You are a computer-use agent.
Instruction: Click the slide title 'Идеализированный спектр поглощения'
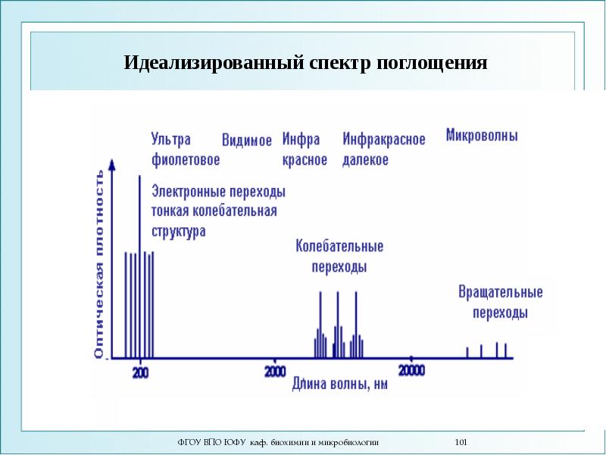[x=305, y=62]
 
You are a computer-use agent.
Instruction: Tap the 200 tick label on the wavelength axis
[x=141, y=372]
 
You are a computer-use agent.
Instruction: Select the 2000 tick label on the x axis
[x=275, y=371]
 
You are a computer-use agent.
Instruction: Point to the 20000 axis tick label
[x=411, y=370]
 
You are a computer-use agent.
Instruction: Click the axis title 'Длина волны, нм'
[x=340, y=384]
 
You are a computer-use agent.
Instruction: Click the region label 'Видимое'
[x=246, y=141]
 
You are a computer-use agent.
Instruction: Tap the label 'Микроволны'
[x=482, y=136]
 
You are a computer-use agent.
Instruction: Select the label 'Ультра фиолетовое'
[x=185, y=149]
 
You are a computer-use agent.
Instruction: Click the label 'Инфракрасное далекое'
[x=383, y=149]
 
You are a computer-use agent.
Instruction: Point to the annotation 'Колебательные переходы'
[x=339, y=256]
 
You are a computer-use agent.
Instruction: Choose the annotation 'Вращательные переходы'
[x=500, y=302]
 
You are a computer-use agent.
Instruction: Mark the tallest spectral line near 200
[x=139, y=265]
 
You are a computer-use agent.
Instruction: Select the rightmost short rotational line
[x=505, y=350]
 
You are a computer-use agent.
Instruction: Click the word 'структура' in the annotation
[x=179, y=231]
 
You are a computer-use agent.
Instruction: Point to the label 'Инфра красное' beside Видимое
[x=305, y=149]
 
